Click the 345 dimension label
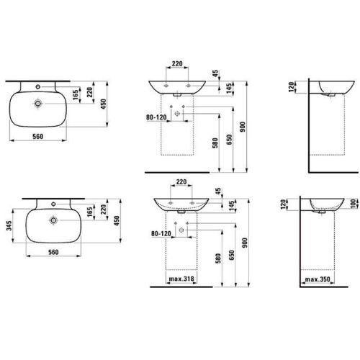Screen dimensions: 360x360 point(9,225)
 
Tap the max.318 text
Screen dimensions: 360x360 point(181,279)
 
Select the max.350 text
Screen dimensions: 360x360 point(318,279)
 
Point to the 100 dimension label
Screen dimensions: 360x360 point(354,204)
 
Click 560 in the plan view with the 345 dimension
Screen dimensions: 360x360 point(53,252)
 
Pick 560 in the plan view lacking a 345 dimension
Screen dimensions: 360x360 point(38,136)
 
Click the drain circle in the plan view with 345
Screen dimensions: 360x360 point(53,220)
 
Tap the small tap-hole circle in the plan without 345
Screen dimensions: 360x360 point(37,86)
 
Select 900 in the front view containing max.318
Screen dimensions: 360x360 point(244,243)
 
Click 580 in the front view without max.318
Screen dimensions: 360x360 point(215,143)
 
